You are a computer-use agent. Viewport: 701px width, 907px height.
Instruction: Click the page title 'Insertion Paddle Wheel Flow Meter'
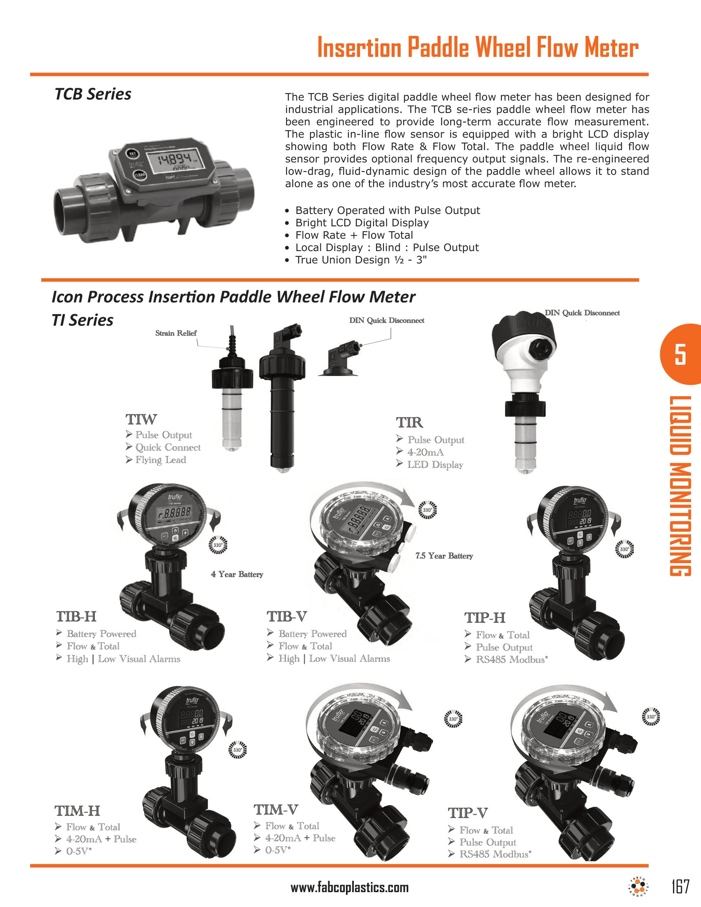tap(478, 47)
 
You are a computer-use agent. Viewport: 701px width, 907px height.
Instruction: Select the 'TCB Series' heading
tap(93, 94)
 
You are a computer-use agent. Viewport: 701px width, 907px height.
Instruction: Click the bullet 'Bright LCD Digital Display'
tap(362, 223)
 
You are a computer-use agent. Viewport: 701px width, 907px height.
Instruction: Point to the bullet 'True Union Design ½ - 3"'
tap(361, 260)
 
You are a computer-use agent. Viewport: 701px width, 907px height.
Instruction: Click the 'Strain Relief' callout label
tap(176, 333)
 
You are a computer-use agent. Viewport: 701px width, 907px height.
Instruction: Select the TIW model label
tap(141, 419)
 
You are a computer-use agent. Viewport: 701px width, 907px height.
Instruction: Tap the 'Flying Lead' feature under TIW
tap(160, 460)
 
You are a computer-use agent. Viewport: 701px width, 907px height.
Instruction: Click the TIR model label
tap(409, 423)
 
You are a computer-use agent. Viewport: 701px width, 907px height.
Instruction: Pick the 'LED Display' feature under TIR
tap(435, 465)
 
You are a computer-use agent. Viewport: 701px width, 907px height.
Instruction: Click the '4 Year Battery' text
tap(237, 574)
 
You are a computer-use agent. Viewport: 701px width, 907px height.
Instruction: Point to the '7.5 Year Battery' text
tap(444, 556)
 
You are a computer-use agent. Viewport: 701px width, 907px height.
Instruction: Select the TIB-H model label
tap(76, 617)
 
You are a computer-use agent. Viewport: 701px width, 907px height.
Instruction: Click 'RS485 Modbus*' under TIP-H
tap(512, 660)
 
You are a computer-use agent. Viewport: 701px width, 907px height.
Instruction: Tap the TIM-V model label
tap(276, 810)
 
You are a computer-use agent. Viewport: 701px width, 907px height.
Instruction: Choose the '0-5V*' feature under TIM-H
tap(79, 851)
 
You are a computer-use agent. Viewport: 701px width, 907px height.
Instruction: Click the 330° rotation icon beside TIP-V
tap(651, 717)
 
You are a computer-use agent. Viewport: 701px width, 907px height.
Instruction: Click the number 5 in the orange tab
tap(680, 354)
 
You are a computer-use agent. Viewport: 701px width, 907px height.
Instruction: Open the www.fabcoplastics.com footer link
tap(349, 888)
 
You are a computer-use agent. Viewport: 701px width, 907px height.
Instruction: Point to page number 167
tap(680, 887)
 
